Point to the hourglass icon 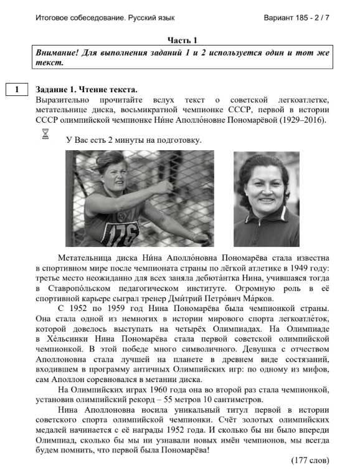click(45, 133)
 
